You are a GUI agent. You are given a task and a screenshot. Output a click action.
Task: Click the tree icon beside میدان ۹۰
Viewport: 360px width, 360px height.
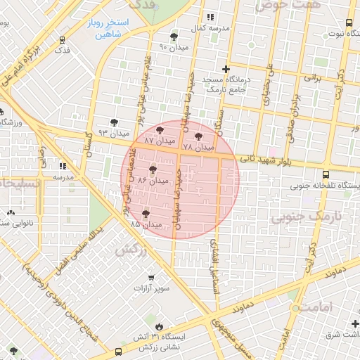(174, 37)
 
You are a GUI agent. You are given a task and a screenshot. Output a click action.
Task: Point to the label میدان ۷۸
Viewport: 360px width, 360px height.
(197, 148)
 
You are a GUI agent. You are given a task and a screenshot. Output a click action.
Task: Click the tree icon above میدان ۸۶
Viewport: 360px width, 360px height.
(153, 169)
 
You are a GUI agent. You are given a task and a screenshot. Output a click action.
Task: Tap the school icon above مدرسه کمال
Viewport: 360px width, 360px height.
(209, 18)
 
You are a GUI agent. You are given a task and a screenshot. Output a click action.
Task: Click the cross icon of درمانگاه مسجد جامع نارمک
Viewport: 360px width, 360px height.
(225, 69)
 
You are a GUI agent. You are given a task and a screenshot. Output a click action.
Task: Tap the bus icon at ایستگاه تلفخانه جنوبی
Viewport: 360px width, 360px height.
(325, 175)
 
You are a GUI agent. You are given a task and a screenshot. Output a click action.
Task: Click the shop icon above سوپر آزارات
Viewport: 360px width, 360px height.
(164, 276)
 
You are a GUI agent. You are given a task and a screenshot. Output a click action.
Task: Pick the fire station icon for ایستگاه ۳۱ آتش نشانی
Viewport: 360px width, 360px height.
(159, 326)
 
